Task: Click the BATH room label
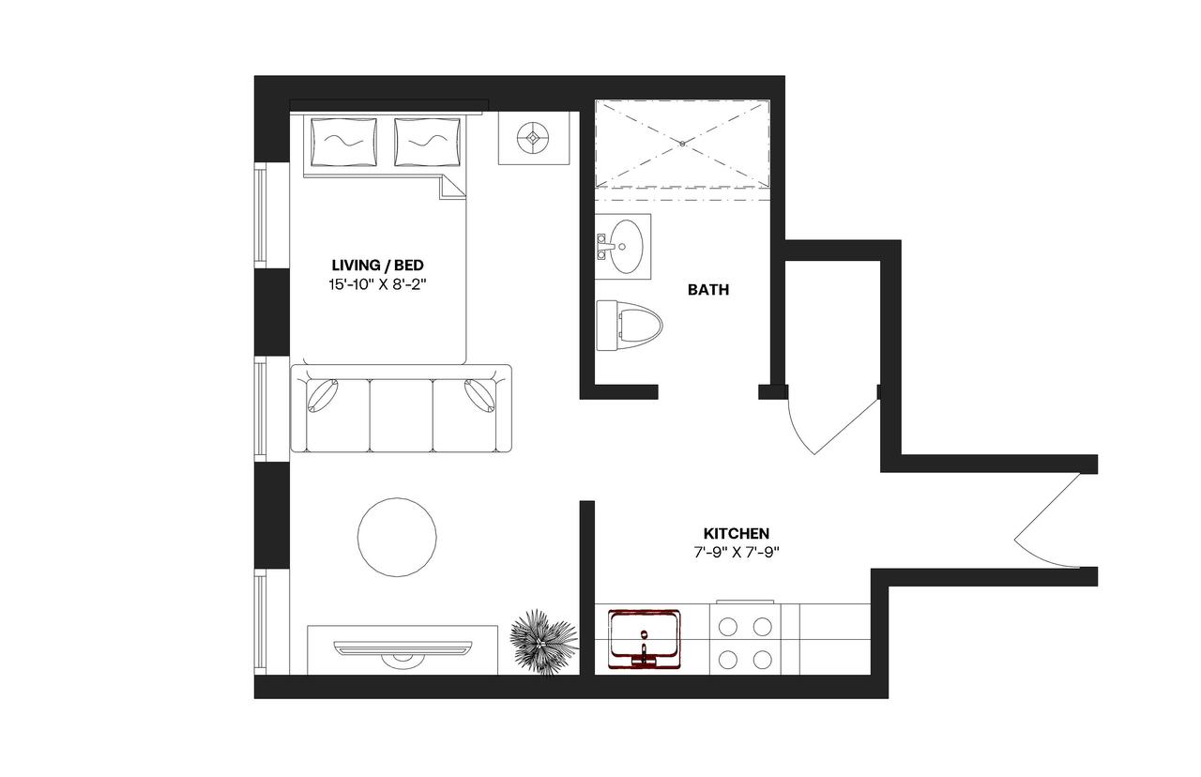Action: (x=708, y=290)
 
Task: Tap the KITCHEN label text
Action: (x=737, y=533)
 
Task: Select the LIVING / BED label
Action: (x=372, y=264)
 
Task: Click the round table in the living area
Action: (x=397, y=536)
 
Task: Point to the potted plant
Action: (x=542, y=640)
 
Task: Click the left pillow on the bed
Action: (x=343, y=144)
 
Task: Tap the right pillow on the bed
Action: (x=429, y=144)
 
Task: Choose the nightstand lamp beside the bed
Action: (x=534, y=138)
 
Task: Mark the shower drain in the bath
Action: (x=682, y=145)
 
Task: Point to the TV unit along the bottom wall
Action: (x=403, y=647)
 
